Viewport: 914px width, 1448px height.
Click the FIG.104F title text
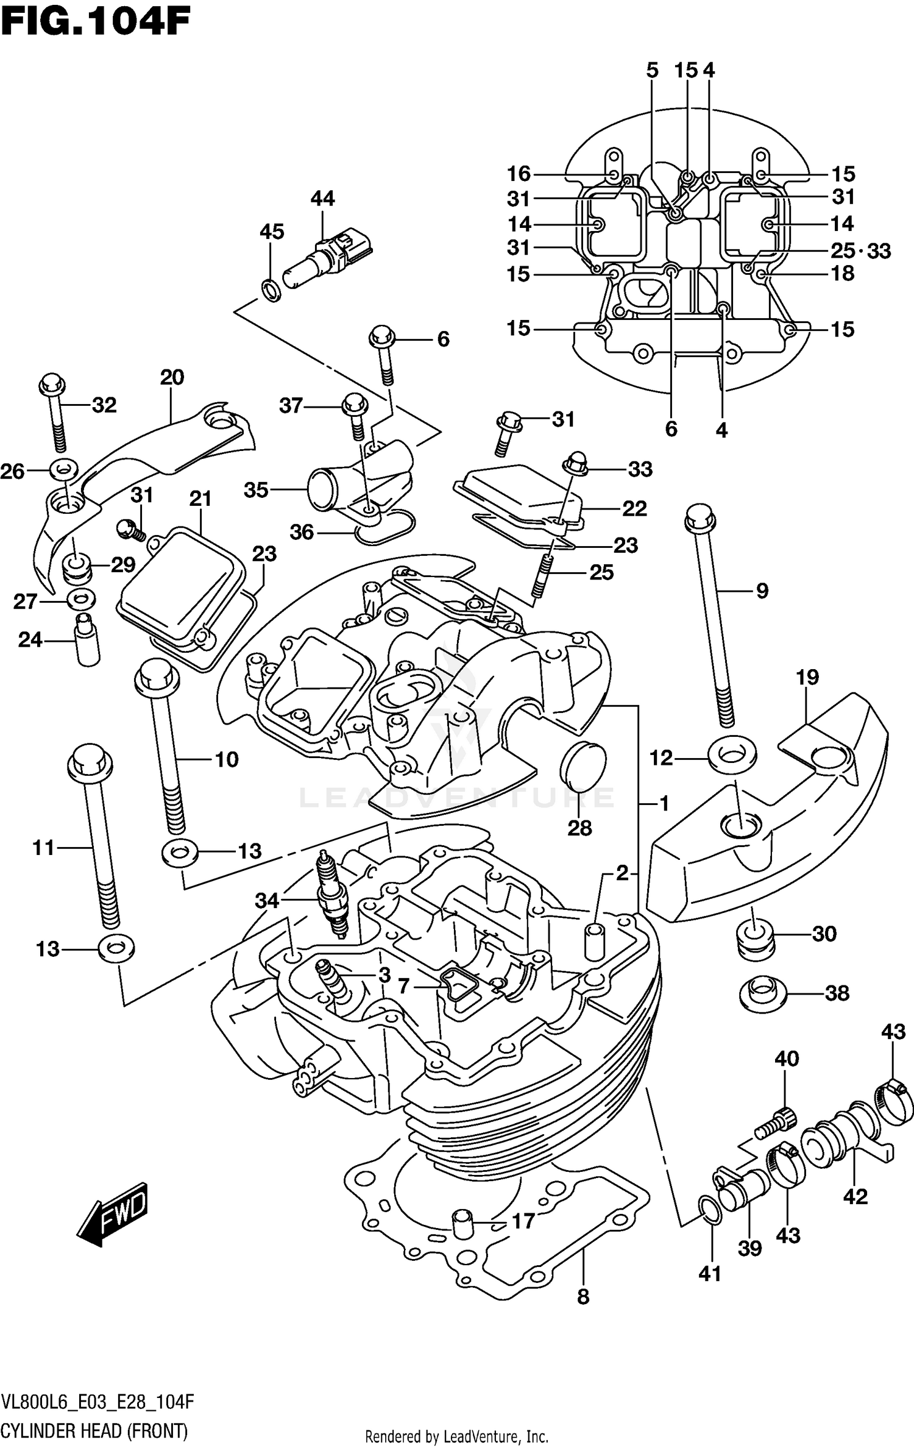point(96,23)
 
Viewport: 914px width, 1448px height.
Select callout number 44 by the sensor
point(322,199)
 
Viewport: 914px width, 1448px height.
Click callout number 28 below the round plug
point(579,828)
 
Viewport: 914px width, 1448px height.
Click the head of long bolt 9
point(700,517)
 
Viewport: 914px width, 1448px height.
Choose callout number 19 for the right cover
point(807,677)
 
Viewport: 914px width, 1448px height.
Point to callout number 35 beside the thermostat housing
point(256,490)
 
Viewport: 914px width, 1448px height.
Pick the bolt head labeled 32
point(52,385)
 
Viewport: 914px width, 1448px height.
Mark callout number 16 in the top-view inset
point(519,174)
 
